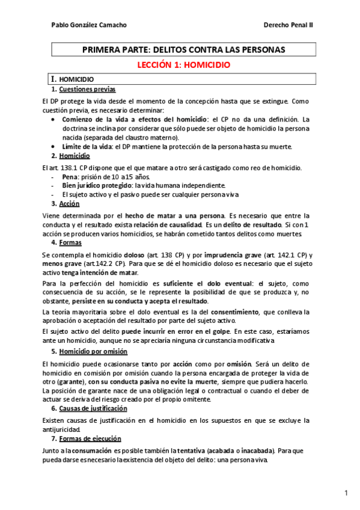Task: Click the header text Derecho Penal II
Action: click(x=288, y=25)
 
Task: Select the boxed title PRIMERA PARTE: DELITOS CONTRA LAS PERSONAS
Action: click(x=183, y=49)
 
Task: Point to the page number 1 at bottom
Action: click(x=347, y=494)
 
